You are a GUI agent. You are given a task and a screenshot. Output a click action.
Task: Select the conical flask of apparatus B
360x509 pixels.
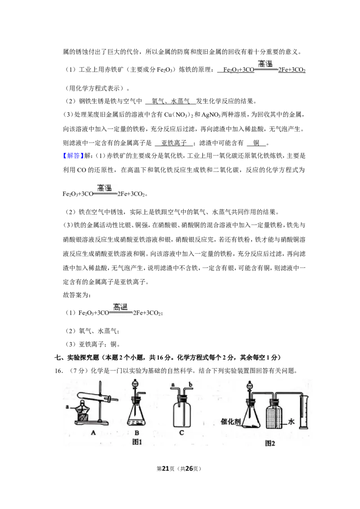click(137, 413)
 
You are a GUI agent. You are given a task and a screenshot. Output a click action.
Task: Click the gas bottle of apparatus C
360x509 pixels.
click(182, 413)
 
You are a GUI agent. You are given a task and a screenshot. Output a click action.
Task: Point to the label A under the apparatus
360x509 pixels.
click(94, 433)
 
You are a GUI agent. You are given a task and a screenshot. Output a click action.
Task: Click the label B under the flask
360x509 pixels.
click(137, 433)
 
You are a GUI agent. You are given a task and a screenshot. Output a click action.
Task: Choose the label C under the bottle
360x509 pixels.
click(182, 433)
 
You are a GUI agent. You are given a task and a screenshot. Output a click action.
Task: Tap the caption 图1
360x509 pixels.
click(137, 442)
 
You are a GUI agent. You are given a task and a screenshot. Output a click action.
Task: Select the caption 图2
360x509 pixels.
click(270, 443)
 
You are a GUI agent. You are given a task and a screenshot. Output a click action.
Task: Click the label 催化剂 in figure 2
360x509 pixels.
click(231, 421)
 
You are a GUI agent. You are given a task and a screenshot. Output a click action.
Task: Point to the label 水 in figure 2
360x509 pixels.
click(291, 421)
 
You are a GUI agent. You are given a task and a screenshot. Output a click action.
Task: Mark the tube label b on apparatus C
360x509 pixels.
click(190, 384)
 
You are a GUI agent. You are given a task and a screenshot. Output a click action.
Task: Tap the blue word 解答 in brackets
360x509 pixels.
click(73, 156)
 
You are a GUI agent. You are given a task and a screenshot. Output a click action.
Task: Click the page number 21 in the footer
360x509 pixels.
click(166, 469)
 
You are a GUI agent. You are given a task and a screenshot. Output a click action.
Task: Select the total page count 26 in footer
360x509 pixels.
click(189, 469)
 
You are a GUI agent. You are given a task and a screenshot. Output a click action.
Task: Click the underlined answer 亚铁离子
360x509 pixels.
click(174, 143)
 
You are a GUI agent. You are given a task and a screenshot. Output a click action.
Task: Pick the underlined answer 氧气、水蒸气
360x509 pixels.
click(171, 101)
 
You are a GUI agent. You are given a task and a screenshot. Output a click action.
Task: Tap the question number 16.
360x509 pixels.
click(58, 371)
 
